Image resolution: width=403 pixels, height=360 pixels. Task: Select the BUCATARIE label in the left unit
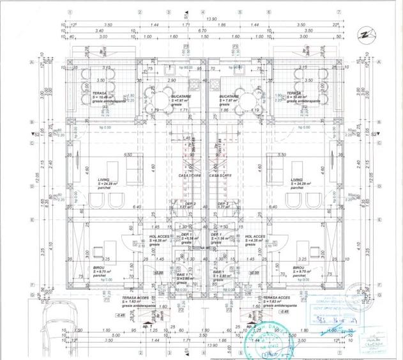[178, 96]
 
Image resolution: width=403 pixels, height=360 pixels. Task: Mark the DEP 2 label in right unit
[224, 204]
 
